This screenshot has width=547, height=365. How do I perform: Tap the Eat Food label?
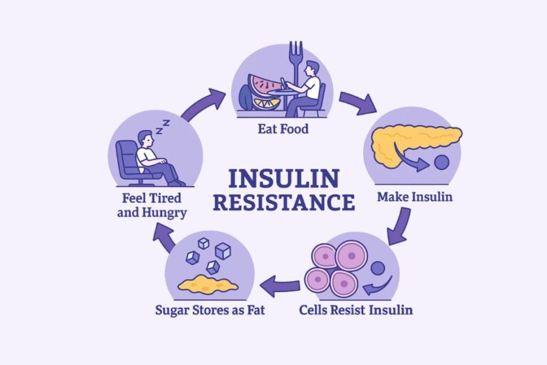[x=283, y=129]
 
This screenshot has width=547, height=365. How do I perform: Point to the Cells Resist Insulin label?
[x=355, y=310]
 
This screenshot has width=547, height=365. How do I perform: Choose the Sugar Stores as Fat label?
[x=210, y=310]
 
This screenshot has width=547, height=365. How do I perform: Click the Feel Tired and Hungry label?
[x=152, y=206]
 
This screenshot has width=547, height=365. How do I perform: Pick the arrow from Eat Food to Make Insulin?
[x=357, y=102]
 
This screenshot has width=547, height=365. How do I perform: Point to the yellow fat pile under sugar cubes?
[x=207, y=284]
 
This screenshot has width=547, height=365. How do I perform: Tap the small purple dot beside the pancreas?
[x=441, y=162]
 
